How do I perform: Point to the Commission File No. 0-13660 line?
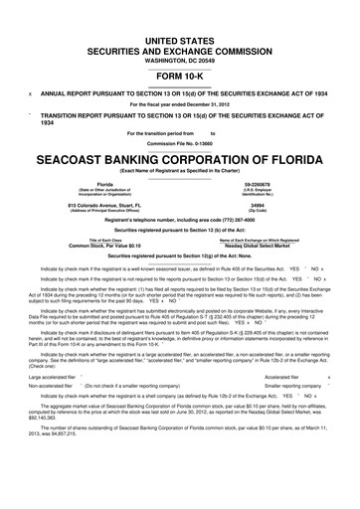click(180, 144)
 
